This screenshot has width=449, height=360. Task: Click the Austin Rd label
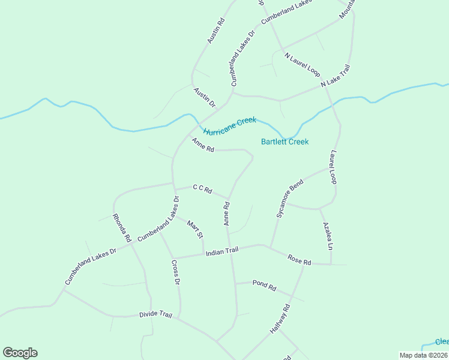[216, 31]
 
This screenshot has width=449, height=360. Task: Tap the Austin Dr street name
[204, 97]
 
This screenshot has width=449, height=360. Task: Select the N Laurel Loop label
[302, 64]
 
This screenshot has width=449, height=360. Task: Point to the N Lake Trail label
[335, 76]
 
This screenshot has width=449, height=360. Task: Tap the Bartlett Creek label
[285, 142]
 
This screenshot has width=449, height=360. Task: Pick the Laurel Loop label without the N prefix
[333, 167]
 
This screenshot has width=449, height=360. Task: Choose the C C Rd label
[202, 189]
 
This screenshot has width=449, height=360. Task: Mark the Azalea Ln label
[327, 236]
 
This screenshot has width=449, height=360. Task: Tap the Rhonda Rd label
[121, 226]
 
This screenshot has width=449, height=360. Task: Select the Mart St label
[195, 229]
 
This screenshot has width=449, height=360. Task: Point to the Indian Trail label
[222, 252]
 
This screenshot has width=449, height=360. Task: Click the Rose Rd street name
[299, 260]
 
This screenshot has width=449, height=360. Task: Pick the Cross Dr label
[175, 272]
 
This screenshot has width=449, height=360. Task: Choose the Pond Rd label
[264, 285]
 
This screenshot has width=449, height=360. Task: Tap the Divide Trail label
[155, 314]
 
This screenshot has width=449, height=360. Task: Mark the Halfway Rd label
[280, 319]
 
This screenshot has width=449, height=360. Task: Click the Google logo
[20, 353]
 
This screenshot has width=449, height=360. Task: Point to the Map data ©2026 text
[424, 355]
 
